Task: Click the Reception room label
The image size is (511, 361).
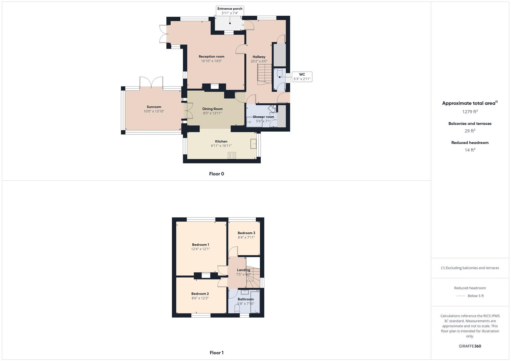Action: (x=211, y=56)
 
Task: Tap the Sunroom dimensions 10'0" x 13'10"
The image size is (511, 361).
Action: (x=154, y=111)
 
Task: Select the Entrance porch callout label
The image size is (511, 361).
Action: (x=230, y=11)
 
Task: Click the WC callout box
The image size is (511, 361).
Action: (x=302, y=77)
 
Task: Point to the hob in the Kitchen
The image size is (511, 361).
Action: (x=232, y=155)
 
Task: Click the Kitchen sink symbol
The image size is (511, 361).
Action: (x=254, y=144)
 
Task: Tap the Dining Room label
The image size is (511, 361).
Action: (x=212, y=109)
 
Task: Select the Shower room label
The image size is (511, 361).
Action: (x=263, y=117)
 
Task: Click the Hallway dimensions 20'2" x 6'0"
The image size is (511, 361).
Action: (x=259, y=61)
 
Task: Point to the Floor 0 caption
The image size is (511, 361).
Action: (x=217, y=174)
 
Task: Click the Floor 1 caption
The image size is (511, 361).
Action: (x=217, y=353)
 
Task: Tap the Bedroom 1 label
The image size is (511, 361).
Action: (x=200, y=245)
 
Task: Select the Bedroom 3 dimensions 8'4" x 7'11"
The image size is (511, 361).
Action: (x=246, y=237)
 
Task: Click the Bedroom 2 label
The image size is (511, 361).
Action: (x=200, y=294)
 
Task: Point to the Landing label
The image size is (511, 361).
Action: (x=244, y=270)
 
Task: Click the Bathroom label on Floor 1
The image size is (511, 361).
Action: (x=246, y=299)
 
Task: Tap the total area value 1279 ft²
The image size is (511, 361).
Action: (x=470, y=112)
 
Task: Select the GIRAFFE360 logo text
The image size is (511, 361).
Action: (x=470, y=346)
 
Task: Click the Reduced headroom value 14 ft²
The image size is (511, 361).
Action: (x=470, y=150)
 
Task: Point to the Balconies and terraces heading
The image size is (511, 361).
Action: (x=470, y=124)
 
